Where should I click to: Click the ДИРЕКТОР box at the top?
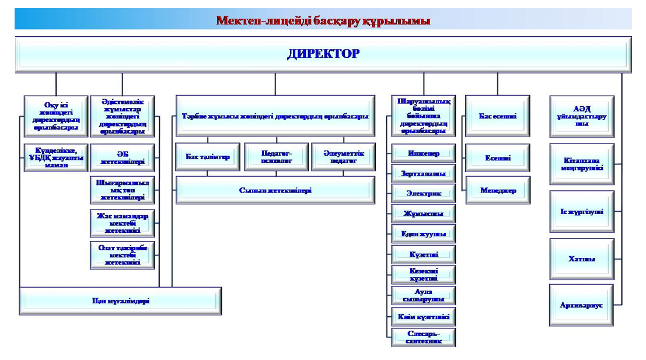pyautogui.click(x=323, y=54)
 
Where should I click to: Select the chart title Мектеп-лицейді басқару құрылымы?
pyautogui.click(x=323, y=21)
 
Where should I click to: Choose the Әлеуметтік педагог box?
pyautogui.click(x=343, y=156)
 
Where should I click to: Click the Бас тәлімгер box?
pyautogui.click(x=208, y=156)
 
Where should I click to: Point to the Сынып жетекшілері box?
pyautogui.click(x=275, y=190)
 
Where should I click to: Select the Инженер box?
pyautogui.click(x=423, y=153)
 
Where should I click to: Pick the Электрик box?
pyautogui.click(x=423, y=193)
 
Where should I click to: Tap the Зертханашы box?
pyautogui.click(x=423, y=173)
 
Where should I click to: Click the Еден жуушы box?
pyautogui.click(x=423, y=234)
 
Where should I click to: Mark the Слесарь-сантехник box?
pyautogui.click(x=423, y=337)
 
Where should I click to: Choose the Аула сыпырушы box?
pyautogui.click(x=423, y=295)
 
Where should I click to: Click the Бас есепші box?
pyautogui.click(x=497, y=116)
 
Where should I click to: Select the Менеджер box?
pyautogui.click(x=497, y=190)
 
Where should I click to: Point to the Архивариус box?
pyautogui.click(x=581, y=305)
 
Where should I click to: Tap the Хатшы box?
pyautogui.click(x=581, y=258)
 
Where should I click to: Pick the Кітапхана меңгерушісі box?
pyautogui.click(x=581, y=164)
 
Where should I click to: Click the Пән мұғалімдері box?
pyautogui.click(x=120, y=301)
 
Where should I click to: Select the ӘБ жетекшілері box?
pyautogui.click(x=123, y=158)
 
